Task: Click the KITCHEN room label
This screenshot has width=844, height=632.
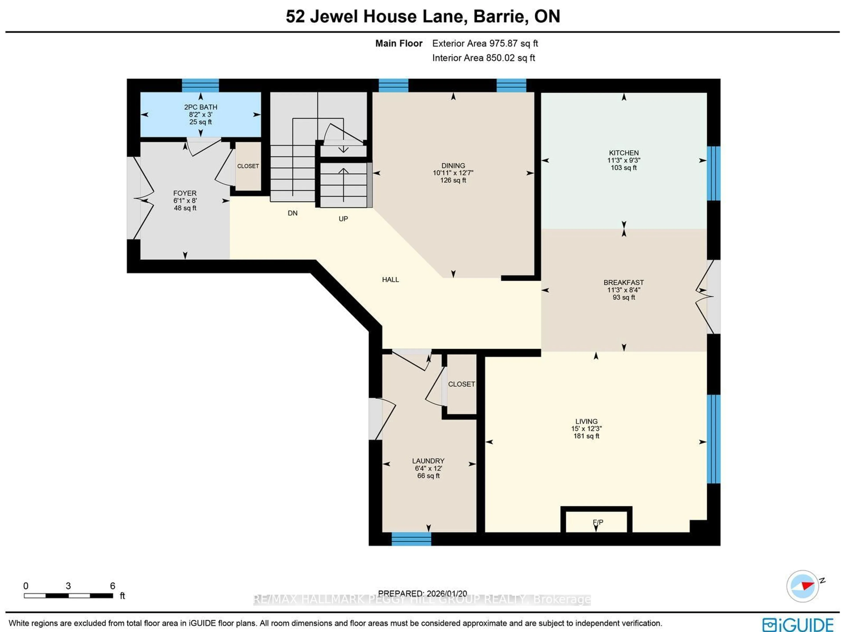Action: tap(624, 153)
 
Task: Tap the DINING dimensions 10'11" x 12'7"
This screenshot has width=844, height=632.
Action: tap(453, 173)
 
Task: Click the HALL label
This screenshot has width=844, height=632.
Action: tap(390, 280)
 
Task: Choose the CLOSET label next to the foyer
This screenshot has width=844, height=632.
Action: tap(248, 166)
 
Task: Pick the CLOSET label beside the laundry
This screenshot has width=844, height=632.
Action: tap(461, 384)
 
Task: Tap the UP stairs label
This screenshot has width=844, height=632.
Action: tap(343, 219)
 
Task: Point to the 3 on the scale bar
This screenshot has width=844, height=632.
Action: tap(68, 586)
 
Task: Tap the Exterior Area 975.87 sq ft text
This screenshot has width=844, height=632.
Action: tap(485, 44)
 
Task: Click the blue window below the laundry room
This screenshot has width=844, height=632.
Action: tap(411, 539)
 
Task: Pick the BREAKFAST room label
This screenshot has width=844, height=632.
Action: tap(624, 282)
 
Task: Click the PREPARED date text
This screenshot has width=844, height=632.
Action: tap(422, 594)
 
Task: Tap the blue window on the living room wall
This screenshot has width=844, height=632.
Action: tap(713, 439)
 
